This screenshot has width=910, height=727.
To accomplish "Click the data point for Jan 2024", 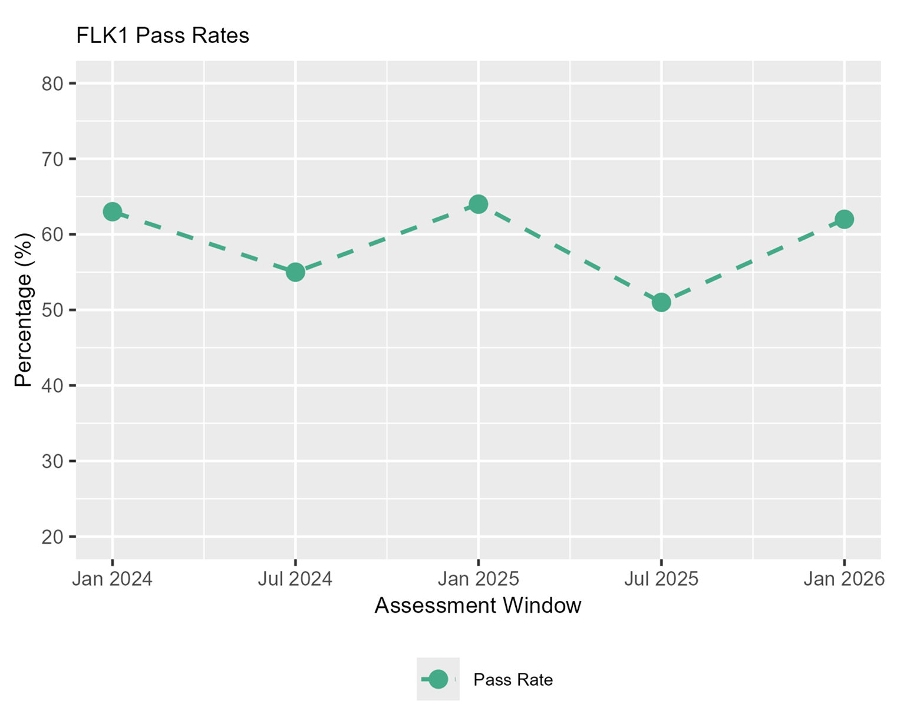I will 112,212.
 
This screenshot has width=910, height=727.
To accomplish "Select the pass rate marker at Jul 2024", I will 295,272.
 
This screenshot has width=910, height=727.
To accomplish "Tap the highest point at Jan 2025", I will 478,204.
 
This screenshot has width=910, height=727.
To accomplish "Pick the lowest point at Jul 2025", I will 661,302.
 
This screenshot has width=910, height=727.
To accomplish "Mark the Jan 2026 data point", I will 844,219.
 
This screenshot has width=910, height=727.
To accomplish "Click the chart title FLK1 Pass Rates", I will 163,36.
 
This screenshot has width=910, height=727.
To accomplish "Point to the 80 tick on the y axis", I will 52,84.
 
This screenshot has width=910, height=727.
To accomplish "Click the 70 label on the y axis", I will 52,159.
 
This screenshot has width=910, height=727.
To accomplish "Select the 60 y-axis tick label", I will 52,234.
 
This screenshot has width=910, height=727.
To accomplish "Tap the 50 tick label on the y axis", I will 52,310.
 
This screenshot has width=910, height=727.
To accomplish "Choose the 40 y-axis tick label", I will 52,385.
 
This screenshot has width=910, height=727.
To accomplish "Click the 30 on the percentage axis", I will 52,461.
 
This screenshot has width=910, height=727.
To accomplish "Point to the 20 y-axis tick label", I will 52,537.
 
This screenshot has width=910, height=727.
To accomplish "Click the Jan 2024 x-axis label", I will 112,579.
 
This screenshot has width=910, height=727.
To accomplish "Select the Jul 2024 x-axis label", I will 295,579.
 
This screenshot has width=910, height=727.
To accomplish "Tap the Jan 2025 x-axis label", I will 478,579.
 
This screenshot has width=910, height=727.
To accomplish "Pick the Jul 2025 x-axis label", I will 661,579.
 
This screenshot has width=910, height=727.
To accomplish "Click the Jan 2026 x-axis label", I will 844,579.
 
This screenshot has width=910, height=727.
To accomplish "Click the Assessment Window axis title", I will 478,606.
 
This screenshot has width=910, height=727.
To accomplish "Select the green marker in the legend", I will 438,679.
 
